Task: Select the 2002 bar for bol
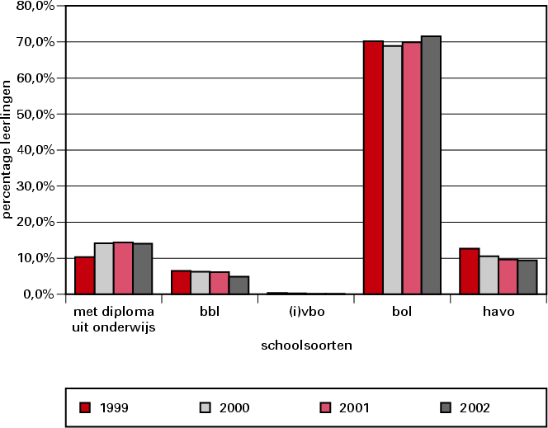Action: click(432, 165)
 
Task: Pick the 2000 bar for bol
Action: click(393, 170)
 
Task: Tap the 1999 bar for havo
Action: click(470, 271)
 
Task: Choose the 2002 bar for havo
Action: click(527, 277)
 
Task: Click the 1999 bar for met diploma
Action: click(84, 275)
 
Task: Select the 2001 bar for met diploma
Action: click(123, 268)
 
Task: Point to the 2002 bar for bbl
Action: click(239, 285)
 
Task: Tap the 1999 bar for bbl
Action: click(181, 282)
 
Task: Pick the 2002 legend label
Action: click(475, 407)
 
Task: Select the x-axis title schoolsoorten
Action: click(306, 346)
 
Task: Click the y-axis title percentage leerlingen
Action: click(7, 149)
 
